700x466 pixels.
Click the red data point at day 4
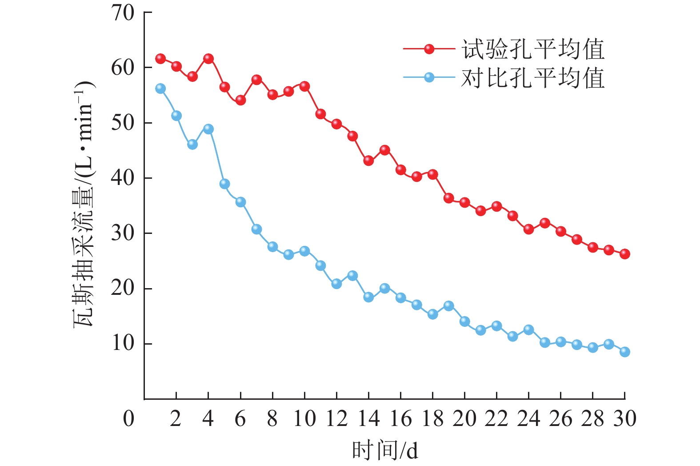208,59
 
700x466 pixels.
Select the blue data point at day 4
208,129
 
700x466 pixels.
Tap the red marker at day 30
624,254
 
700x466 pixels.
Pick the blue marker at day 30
624,352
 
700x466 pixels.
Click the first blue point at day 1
160,88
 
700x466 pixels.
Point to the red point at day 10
304,86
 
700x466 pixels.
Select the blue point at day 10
304,251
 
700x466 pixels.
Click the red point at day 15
385,150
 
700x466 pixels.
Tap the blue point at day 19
449,306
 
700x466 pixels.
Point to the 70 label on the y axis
123,13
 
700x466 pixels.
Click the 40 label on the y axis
123,178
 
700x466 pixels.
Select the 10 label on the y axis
123,343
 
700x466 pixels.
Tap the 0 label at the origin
128,418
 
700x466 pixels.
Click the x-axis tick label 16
401,418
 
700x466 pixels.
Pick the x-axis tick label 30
624,418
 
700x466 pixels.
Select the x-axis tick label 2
176,418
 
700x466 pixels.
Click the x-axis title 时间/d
385,450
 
